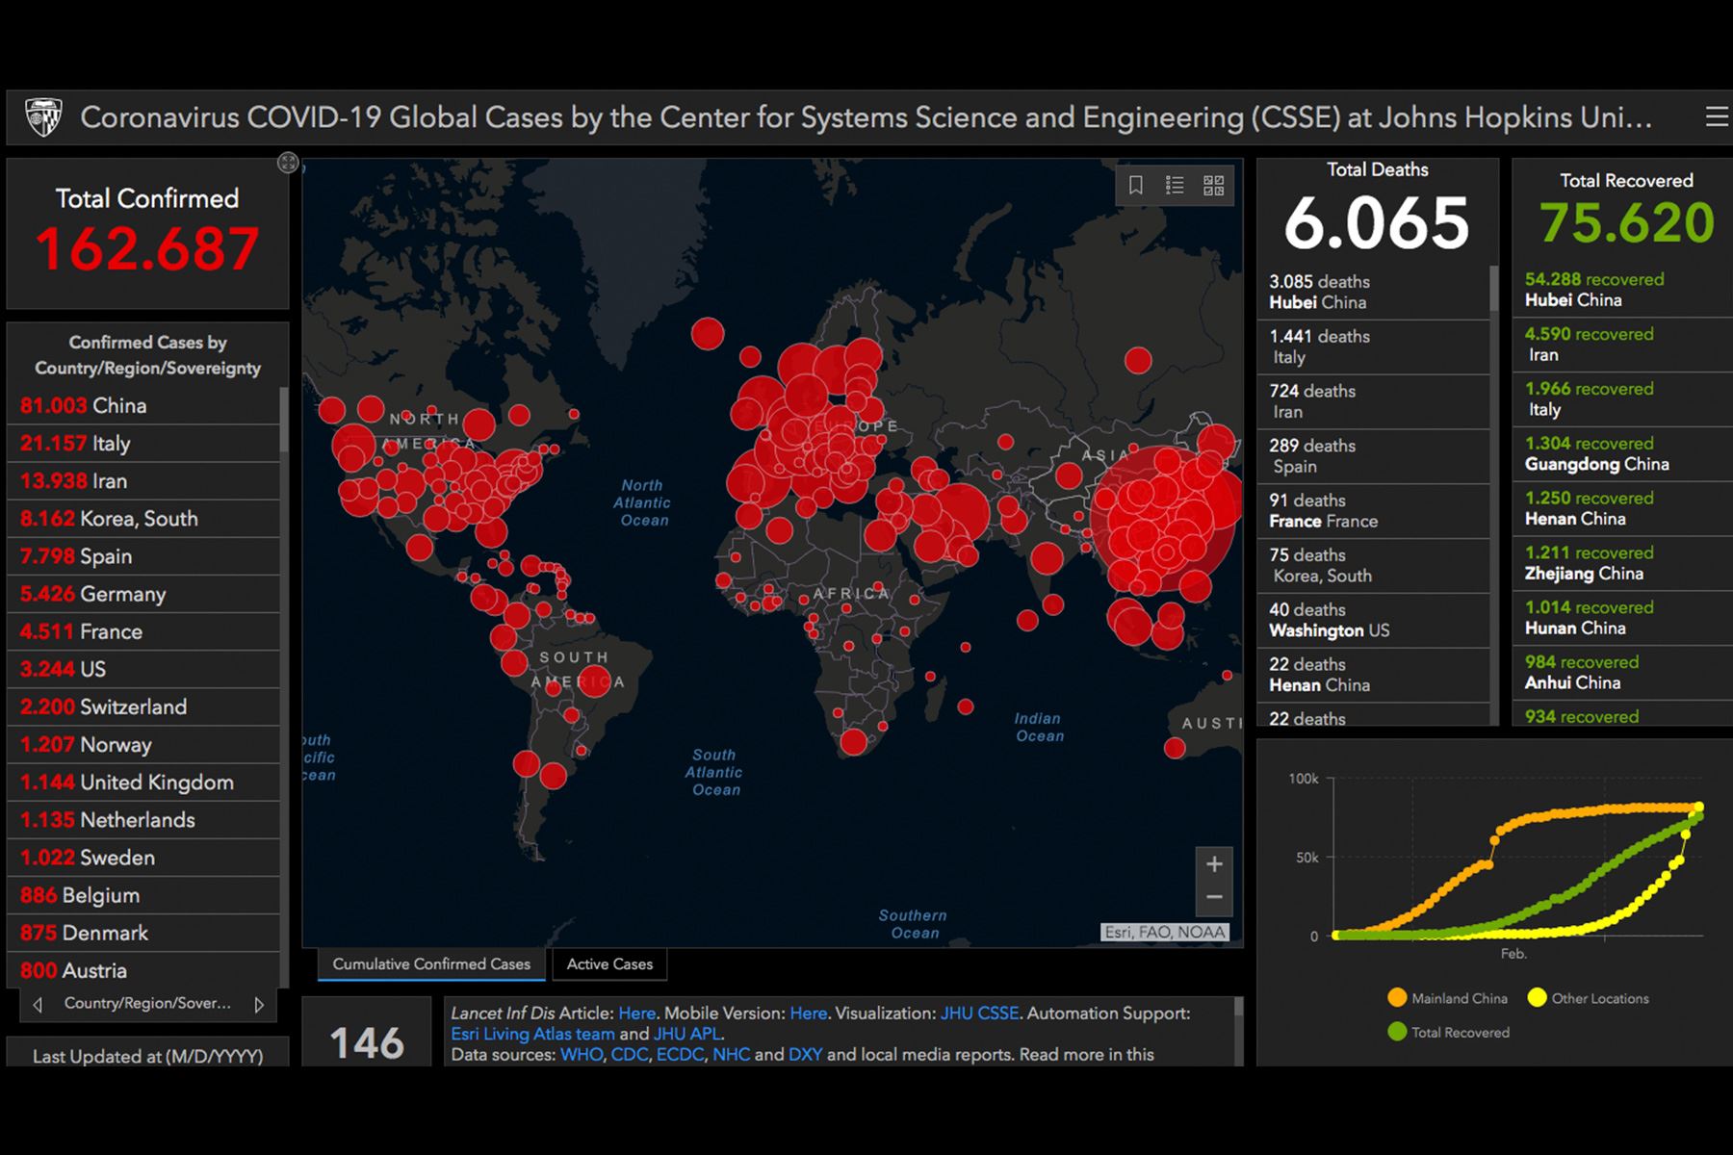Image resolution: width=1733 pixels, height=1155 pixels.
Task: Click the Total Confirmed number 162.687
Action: click(x=147, y=248)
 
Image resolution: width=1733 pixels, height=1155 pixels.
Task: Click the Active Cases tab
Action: click(x=609, y=963)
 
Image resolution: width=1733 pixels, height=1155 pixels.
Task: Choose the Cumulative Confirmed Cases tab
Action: click(x=431, y=963)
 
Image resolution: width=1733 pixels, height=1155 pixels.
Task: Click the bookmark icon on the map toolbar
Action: click(x=1136, y=185)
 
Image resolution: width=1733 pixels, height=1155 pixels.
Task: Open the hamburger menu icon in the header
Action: click(x=1716, y=117)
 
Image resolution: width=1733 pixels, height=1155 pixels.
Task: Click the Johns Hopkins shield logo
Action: click(x=43, y=117)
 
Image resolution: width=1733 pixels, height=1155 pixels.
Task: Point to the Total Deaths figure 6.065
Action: click(x=1377, y=223)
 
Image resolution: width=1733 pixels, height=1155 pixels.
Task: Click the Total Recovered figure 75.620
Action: click(x=1626, y=223)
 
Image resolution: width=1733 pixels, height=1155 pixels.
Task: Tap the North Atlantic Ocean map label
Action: click(x=643, y=502)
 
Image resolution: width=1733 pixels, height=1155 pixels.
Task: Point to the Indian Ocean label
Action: click(x=1039, y=727)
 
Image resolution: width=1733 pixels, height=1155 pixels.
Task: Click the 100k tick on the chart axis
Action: click(x=1304, y=779)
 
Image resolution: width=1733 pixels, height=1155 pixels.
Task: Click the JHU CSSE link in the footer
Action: click(x=979, y=1013)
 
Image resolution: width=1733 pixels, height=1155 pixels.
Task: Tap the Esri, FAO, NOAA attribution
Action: click(x=1164, y=932)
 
